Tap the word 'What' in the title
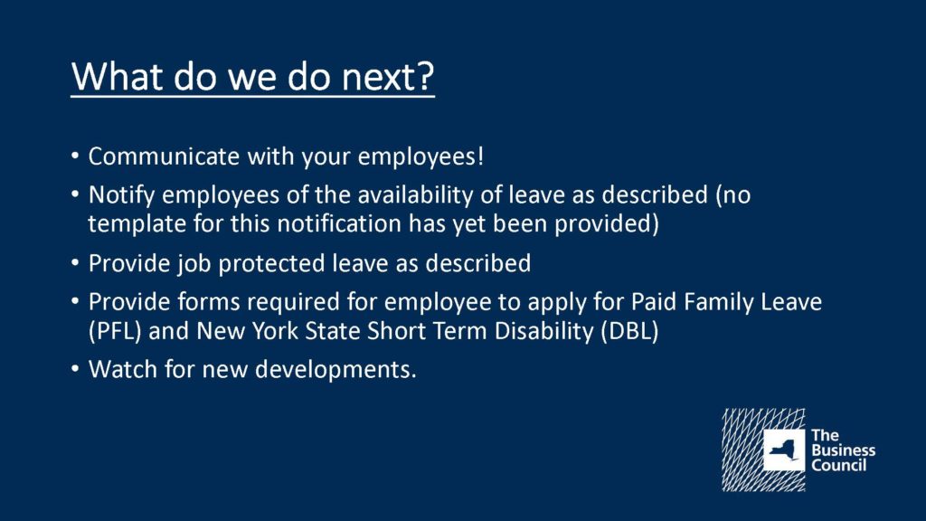[x=117, y=76]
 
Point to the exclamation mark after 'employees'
[x=481, y=156]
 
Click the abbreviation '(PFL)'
[x=115, y=331]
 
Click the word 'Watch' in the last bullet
[x=123, y=369]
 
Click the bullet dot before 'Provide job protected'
[x=75, y=262]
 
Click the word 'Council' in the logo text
[x=838, y=466]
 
